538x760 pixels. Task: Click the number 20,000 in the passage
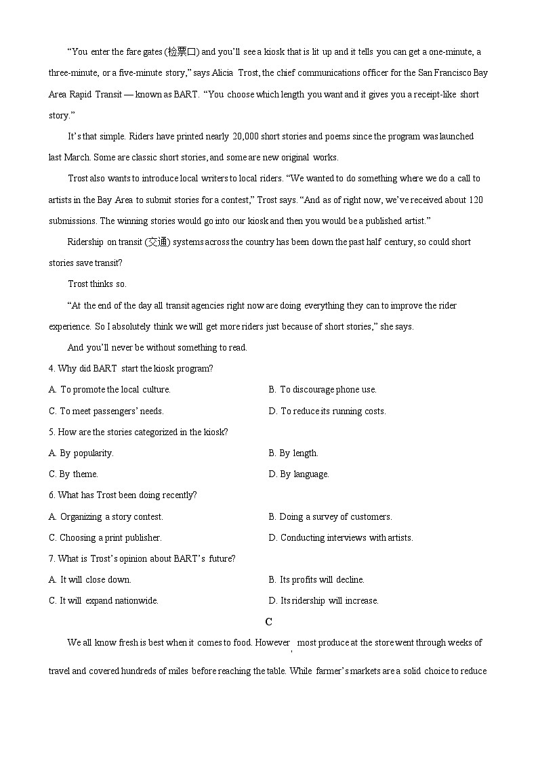248,137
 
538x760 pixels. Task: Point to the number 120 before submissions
475,200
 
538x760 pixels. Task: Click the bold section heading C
269,622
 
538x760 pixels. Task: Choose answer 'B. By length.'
293,453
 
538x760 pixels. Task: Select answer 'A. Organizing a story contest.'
106,517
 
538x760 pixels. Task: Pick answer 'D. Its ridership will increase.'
324,601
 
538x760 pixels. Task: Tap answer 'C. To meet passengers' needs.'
106,411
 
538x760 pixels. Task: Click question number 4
51,369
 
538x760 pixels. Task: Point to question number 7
51,559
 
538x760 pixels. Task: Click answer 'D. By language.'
299,474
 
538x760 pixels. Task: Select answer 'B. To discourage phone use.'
323,390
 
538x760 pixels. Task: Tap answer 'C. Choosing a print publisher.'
105,538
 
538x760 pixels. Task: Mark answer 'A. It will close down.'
90,580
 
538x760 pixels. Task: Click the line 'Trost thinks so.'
97,284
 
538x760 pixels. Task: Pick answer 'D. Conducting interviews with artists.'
341,538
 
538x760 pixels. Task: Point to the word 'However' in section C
272,643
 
